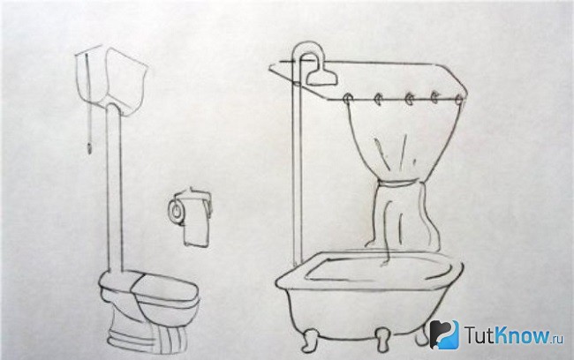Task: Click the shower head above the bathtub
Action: pos(321,76)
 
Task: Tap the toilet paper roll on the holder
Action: pos(177,210)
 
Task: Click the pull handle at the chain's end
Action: pos(88,149)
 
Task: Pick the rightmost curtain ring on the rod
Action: pos(460,100)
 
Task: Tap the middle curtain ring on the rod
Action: pos(410,99)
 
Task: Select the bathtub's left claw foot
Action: pos(310,340)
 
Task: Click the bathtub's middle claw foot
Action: pos(383,339)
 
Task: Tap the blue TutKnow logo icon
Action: pos(444,334)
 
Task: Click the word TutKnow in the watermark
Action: pos(508,334)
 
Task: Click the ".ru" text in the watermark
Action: pos(558,338)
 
